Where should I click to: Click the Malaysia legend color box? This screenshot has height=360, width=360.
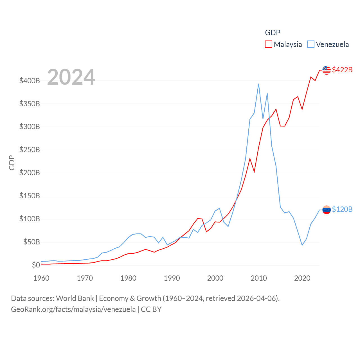click(269, 44)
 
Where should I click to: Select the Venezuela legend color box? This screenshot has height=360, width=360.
click(310, 44)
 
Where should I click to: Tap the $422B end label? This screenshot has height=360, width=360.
click(342, 70)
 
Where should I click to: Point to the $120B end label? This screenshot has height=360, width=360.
click(342, 209)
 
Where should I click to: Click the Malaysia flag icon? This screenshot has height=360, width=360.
click(326, 70)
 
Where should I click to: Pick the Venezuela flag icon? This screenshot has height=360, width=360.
click(326, 210)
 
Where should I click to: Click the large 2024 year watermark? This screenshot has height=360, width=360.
click(71, 77)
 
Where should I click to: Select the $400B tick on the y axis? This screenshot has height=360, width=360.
click(30, 81)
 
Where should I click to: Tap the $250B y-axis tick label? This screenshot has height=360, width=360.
click(30, 150)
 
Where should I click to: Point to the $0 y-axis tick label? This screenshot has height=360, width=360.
click(36, 265)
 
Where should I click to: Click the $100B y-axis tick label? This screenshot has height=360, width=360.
click(30, 219)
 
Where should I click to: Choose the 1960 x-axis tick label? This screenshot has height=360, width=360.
click(41, 278)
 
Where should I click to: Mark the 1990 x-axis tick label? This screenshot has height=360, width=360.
click(172, 278)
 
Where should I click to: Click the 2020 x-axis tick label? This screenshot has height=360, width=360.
click(302, 278)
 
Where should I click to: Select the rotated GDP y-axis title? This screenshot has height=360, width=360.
click(12, 163)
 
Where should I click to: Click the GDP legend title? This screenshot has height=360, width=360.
click(273, 33)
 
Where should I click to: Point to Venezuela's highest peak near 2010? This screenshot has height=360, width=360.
click(258, 84)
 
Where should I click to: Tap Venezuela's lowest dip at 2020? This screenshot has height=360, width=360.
click(302, 245)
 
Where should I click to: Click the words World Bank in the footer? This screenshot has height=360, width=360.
click(75, 298)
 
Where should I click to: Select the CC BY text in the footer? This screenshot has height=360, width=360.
click(151, 309)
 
